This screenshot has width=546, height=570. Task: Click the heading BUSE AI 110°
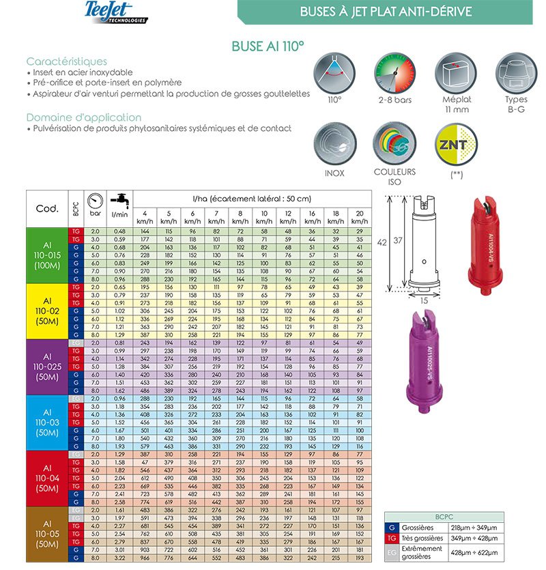268,46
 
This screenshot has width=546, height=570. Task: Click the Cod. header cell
46,208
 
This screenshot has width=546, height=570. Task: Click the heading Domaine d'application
83,117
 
